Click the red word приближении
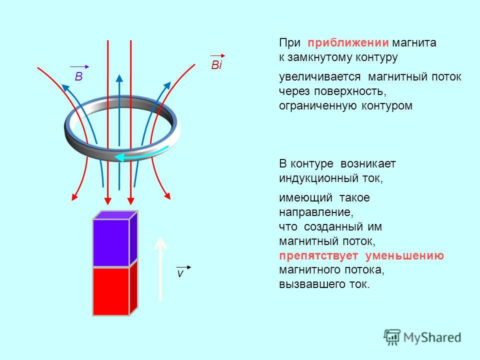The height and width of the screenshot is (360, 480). click(x=348, y=43)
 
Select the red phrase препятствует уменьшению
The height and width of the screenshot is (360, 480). click(x=361, y=255)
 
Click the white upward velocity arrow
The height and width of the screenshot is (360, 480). click(x=160, y=269)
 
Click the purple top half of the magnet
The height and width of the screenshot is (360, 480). click(x=115, y=239)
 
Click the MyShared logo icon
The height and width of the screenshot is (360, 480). click(x=392, y=337)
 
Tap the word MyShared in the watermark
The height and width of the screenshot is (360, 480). click(x=432, y=337)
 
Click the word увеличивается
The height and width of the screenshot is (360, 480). click(x=319, y=77)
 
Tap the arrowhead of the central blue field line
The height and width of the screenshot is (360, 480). click(x=119, y=78)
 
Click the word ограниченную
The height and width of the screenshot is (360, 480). click(x=318, y=106)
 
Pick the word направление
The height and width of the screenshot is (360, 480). click(x=316, y=212)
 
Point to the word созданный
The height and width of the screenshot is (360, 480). click(x=333, y=227)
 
